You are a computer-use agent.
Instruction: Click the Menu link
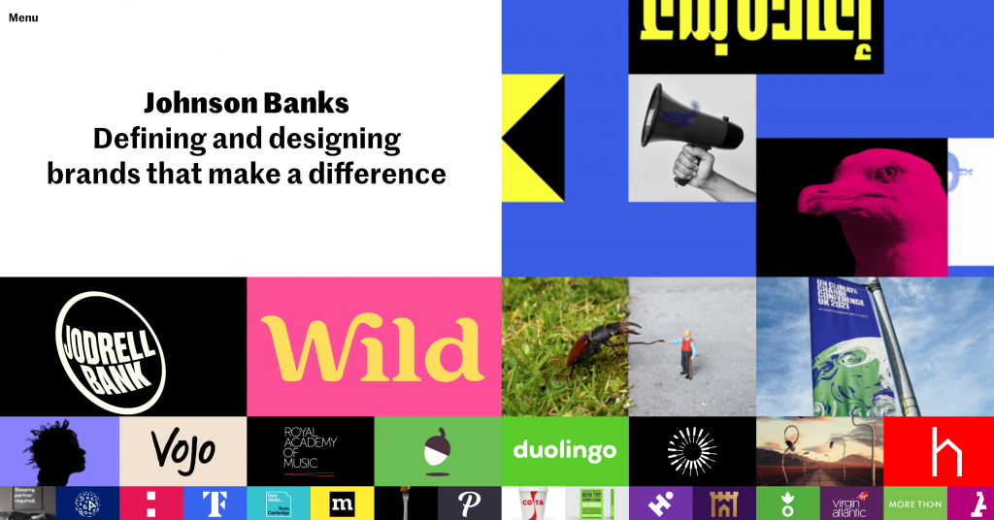(x=23, y=17)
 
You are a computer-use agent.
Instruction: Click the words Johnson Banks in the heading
(x=247, y=103)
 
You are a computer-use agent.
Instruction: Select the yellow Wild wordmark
(x=374, y=347)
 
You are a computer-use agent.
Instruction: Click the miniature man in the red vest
(x=687, y=351)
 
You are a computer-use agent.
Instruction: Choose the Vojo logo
(x=182, y=451)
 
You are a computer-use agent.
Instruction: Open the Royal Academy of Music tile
(x=309, y=450)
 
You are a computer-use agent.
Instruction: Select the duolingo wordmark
(x=564, y=451)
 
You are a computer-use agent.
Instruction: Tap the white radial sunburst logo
(x=691, y=451)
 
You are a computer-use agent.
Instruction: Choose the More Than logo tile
(x=914, y=504)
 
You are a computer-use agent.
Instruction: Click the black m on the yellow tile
(x=342, y=504)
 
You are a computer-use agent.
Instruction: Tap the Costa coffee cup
(x=533, y=504)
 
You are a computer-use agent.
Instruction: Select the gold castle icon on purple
(x=724, y=504)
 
